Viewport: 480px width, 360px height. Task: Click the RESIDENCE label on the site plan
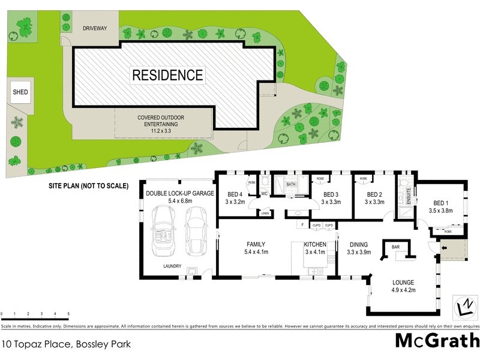pos(167,76)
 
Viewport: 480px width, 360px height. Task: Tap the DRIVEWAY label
pos(94,28)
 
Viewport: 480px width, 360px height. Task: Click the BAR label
pos(396,247)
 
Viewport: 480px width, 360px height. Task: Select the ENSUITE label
pos(409,196)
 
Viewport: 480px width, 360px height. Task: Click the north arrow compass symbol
pos(463,307)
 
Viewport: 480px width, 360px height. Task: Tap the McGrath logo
pos(437,340)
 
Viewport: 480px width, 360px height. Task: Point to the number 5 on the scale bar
pos(68,314)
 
